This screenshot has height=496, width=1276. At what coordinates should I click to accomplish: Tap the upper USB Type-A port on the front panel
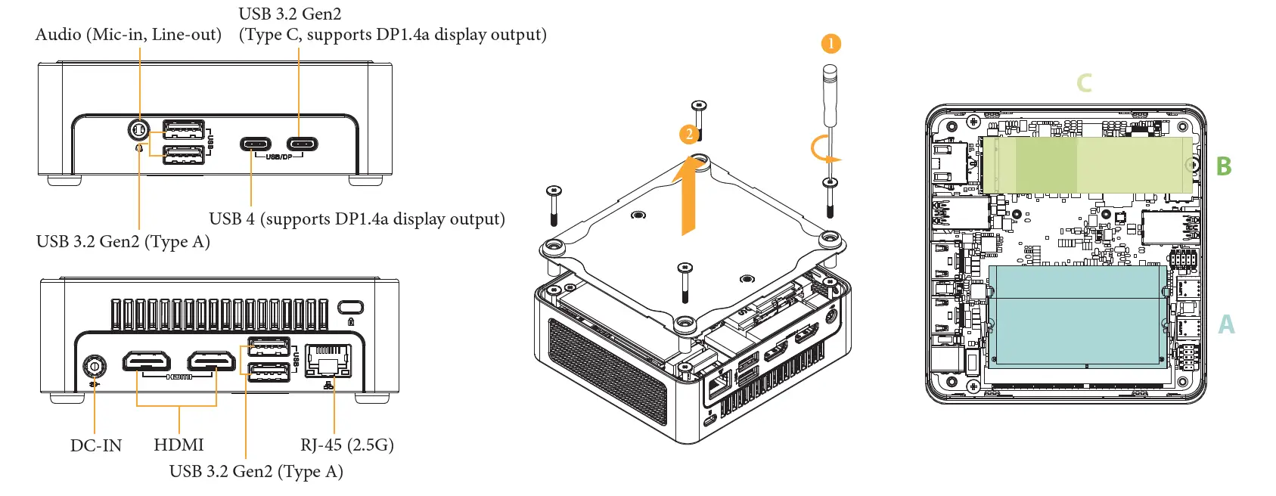pos(184,128)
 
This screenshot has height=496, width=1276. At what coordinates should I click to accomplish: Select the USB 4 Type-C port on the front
pos(256,144)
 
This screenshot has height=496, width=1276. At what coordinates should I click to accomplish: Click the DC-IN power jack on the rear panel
pos(95,367)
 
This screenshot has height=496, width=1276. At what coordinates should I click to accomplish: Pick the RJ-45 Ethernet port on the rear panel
pos(328,360)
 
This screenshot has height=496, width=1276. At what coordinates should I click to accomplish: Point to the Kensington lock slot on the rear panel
pos(351,308)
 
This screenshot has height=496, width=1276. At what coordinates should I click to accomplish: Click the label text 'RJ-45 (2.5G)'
pos(346,445)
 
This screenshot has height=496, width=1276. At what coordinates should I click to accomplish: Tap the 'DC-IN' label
pos(96,445)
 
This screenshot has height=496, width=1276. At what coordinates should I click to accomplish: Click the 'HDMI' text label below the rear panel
pos(179,445)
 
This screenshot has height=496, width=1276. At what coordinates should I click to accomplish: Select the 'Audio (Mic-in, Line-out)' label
pos(129,35)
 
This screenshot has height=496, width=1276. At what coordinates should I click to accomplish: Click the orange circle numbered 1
pos(830,43)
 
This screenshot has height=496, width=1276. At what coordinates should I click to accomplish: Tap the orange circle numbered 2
pos(688,135)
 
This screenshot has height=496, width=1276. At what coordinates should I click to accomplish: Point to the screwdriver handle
pos(830,95)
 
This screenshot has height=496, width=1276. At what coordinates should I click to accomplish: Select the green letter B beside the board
pos(1224,166)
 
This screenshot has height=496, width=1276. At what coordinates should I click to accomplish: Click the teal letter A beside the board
pos(1226,324)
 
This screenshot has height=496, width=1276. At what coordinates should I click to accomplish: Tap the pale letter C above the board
pos(1084,82)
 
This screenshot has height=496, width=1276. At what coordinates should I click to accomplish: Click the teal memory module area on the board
pos(1077,315)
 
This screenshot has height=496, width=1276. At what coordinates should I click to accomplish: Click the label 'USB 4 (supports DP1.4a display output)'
pos(356,219)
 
